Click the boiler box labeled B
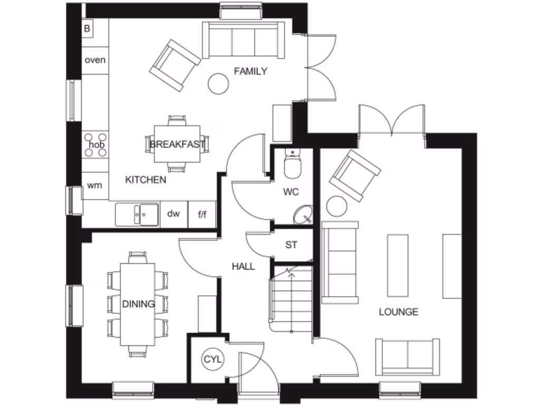(87, 28)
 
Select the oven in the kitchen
(95, 60)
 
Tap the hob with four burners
(95, 144)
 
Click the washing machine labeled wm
(95, 185)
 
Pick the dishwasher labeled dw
(173, 214)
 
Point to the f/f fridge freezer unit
(202, 214)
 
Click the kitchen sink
(137, 215)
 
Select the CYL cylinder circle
(213, 360)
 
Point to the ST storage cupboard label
(291, 245)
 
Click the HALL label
(243, 267)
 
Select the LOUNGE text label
(399, 312)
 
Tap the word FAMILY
(250, 71)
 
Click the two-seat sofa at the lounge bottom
(407, 356)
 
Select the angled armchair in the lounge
(355, 176)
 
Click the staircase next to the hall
(292, 298)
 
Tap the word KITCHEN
(146, 180)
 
